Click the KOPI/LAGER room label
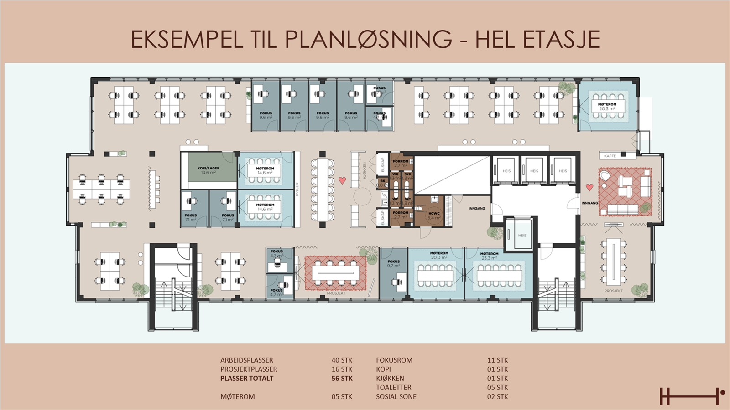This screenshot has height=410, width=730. [x=209, y=170]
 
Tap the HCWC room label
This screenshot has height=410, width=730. [x=434, y=215]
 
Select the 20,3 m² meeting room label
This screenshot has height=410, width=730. [x=607, y=106]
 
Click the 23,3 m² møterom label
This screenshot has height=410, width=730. [x=489, y=256]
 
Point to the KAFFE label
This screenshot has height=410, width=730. [x=610, y=156]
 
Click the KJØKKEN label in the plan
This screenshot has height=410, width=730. [x=365, y=170]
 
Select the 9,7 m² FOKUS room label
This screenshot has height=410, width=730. [x=393, y=263]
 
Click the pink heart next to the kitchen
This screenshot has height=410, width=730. [x=342, y=180]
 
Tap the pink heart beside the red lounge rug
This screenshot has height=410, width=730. [x=589, y=187]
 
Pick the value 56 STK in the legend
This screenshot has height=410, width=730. [x=342, y=378]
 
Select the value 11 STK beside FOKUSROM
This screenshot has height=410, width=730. [x=497, y=360]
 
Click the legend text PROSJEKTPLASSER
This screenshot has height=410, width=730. [x=249, y=369]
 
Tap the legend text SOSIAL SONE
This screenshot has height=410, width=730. [x=396, y=396]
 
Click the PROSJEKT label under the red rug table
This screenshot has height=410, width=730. [x=336, y=293]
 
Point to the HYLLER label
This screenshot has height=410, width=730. [x=297, y=189]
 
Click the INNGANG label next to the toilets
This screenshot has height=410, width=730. [x=477, y=208]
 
